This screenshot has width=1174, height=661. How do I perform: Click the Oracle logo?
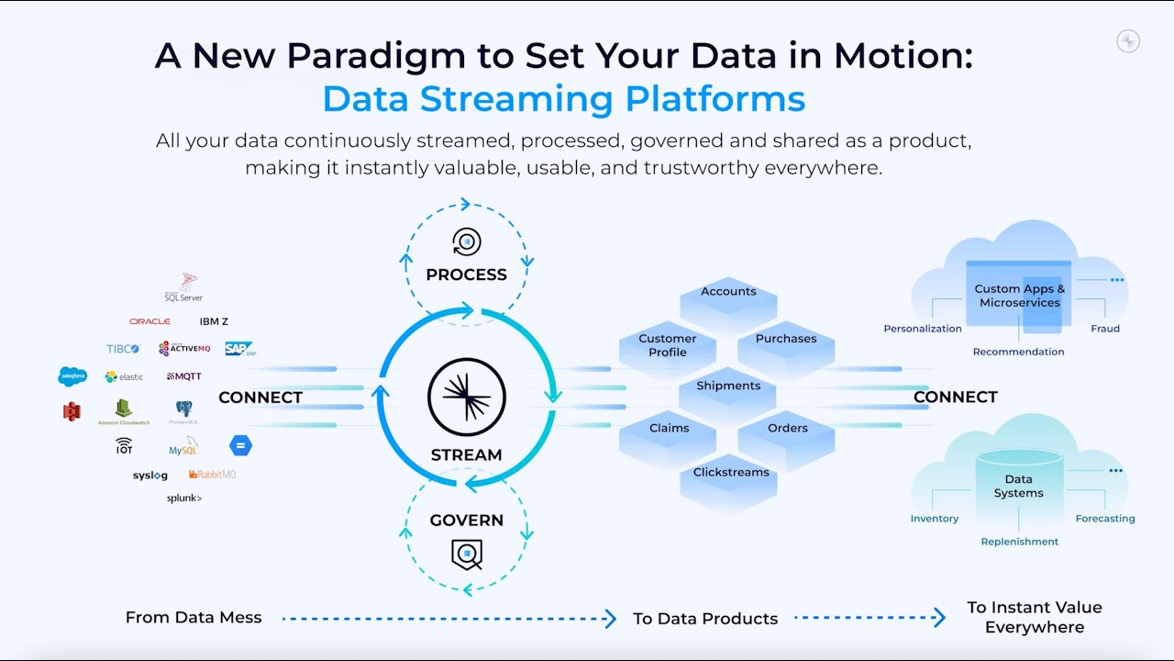pos(150,321)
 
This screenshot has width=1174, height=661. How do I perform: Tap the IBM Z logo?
pos(214,321)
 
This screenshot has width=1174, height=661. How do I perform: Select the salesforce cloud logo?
pos(72,376)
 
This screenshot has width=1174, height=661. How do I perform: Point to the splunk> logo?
pos(184,499)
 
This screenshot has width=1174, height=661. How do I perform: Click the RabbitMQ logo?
pos(213,475)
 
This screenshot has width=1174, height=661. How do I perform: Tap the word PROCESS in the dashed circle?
pos(466,274)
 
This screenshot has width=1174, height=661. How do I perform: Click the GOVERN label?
pos(466,521)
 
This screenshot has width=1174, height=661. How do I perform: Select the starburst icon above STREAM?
pos(467,397)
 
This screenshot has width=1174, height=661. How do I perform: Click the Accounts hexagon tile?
pos(728,292)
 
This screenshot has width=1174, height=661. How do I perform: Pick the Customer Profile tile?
pos(667,345)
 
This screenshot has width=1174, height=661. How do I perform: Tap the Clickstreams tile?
pos(731,473)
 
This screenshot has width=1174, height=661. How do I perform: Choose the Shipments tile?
pos(728,387)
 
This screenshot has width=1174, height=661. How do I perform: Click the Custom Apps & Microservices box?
pos(1019,296)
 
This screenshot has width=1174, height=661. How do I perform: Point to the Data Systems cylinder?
pos(1018,487)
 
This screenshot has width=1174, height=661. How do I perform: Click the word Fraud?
pos(1104,329)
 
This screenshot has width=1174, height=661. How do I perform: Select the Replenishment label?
pos(1019,542)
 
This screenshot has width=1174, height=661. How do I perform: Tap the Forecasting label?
pos(1104,519)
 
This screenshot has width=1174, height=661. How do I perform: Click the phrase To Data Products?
pos(704,619)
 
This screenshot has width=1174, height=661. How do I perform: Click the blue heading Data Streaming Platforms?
pos(563,98)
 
